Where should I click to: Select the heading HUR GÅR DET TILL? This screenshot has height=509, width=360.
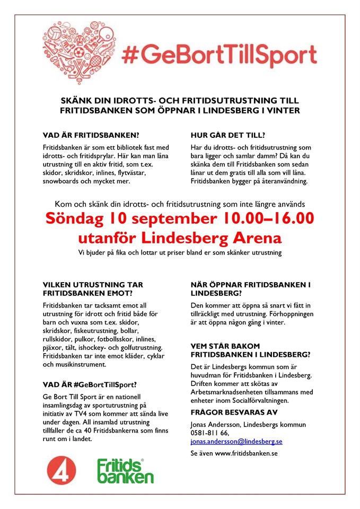click(x=227, y=135)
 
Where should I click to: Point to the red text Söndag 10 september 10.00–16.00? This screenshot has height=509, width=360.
click(x=180, y=218)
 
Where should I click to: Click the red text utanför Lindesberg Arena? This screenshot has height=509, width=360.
click(x=180, y=236)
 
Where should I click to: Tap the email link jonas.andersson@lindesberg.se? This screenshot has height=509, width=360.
click(x=236, y=441)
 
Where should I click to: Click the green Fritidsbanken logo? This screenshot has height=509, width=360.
click(x=125, y=471)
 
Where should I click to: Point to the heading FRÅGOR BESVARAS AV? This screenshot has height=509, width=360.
click(x=233, y=412)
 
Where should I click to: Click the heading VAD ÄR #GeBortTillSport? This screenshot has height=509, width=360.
click(x=90, y=384)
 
